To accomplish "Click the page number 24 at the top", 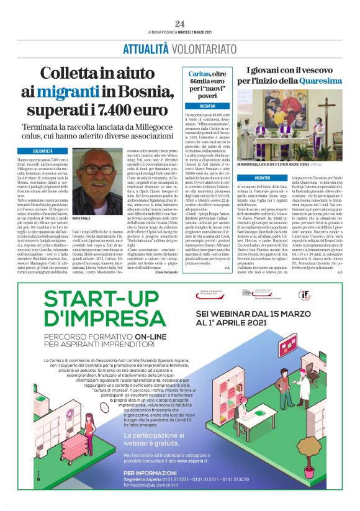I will point(180,24).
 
